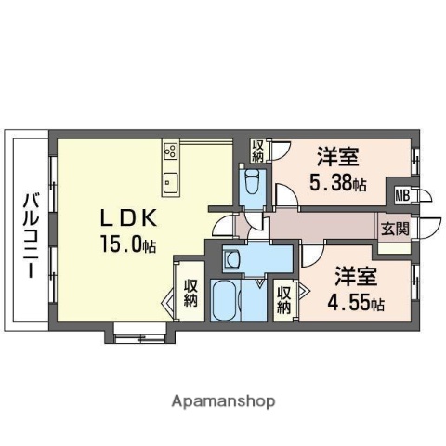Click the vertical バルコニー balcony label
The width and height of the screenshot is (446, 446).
point(29,235)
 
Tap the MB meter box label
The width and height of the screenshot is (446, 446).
point(403,195)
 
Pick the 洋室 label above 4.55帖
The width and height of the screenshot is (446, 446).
point(354,276)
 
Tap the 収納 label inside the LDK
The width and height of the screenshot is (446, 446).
point(190,294)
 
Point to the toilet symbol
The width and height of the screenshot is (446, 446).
point(252,181)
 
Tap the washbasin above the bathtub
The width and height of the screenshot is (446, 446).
point(233,259)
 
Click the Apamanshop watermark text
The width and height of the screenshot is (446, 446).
point(223,402)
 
